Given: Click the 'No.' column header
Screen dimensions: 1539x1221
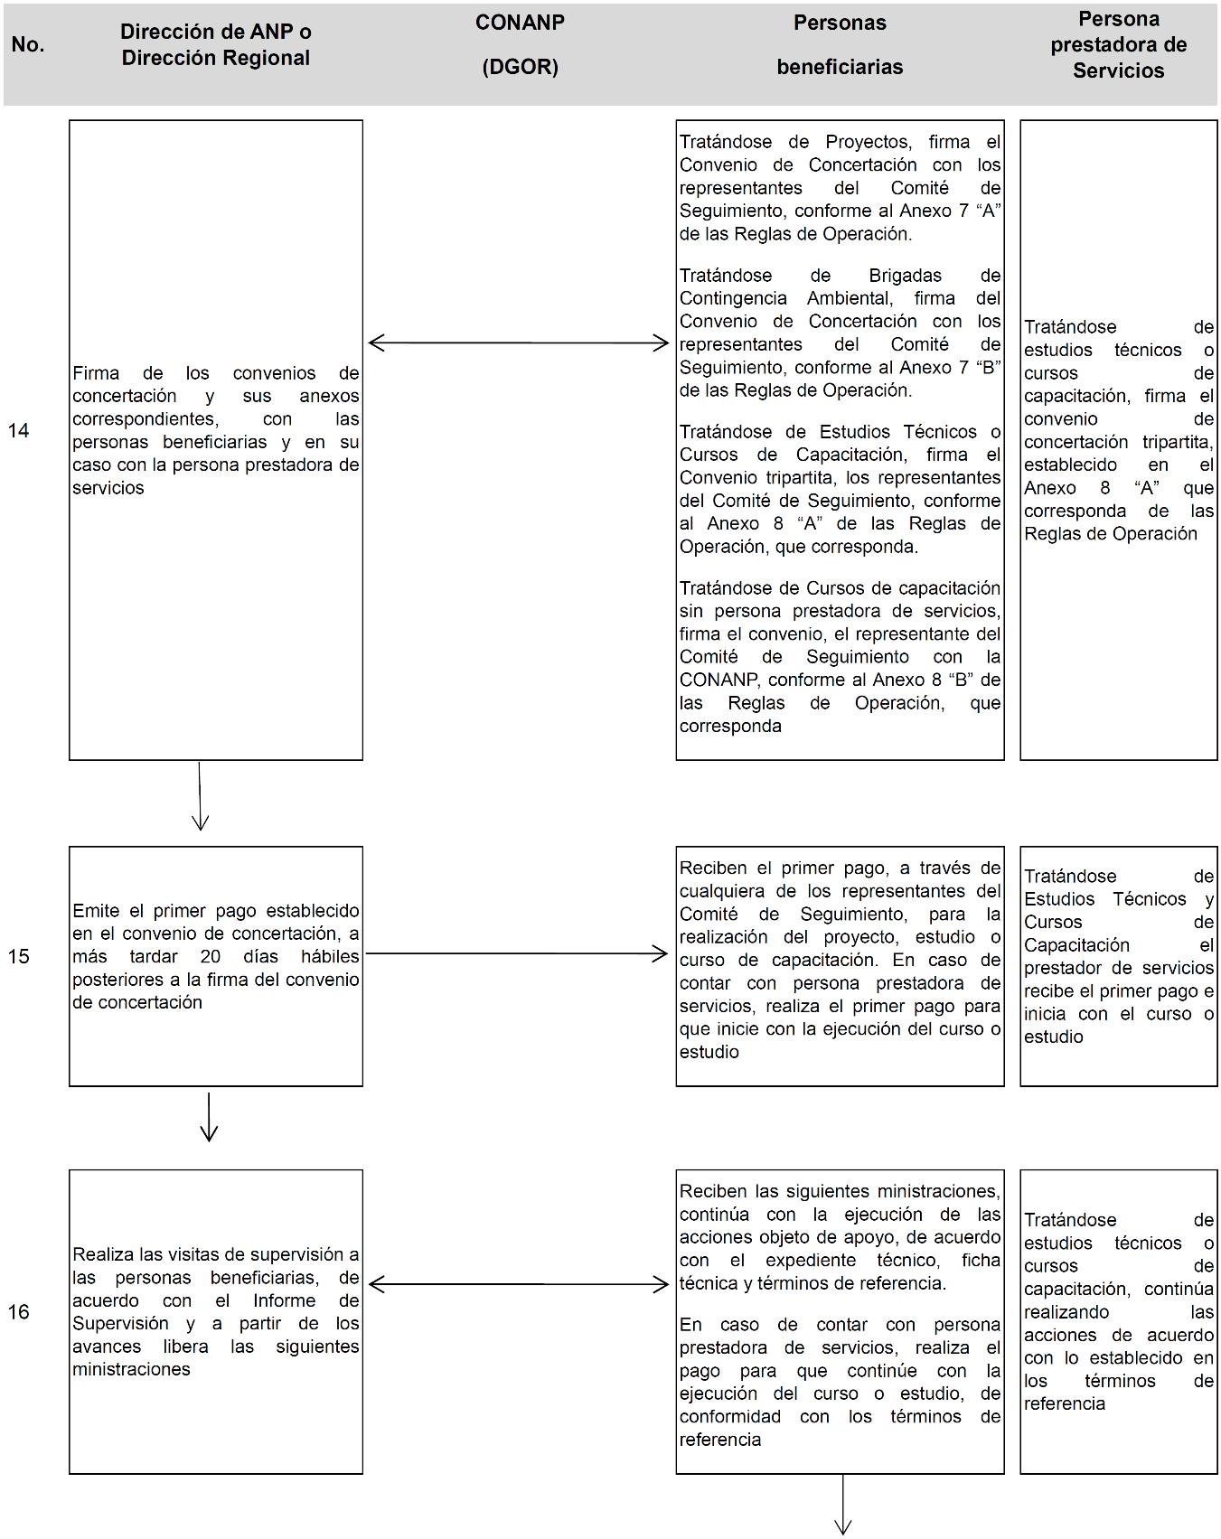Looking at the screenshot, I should [28, 45].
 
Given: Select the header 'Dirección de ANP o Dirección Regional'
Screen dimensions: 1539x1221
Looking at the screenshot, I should [215, 45].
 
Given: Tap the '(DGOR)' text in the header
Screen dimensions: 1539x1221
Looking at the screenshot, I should [520, 67].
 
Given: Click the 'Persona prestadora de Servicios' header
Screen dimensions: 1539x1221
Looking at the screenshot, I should [1118, 45].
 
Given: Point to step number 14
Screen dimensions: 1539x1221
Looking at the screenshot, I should [19, 431].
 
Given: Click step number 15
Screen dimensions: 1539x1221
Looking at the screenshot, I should [19, 956].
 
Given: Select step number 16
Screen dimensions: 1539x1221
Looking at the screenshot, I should [19, 1312].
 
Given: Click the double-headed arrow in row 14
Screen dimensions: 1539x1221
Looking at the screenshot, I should [519, 343].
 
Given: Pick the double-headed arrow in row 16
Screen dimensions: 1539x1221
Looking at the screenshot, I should [519, 1284].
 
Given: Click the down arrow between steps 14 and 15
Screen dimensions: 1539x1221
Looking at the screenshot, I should [200, 796].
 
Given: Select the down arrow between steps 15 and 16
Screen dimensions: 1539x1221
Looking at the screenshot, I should [209, 1117].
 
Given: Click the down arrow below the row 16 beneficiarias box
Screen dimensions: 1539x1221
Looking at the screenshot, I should [843, 1505].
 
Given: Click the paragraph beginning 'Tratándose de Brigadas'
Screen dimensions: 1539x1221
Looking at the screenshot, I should [840, 333].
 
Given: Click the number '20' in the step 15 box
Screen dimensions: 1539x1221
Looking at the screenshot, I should [210, 957].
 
